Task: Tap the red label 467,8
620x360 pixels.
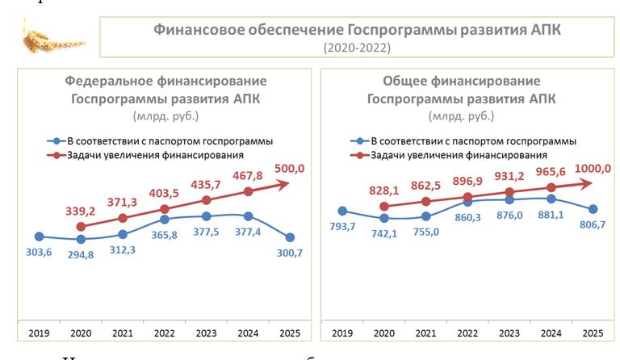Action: coord(248,174)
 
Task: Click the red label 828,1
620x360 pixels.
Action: coord(383,189)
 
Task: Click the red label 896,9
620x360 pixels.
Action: coord(468,180)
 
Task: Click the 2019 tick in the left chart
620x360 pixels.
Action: coord(39,333)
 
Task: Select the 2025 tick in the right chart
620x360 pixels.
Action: coord(593,333)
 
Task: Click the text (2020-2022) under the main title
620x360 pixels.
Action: coord(357,48)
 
